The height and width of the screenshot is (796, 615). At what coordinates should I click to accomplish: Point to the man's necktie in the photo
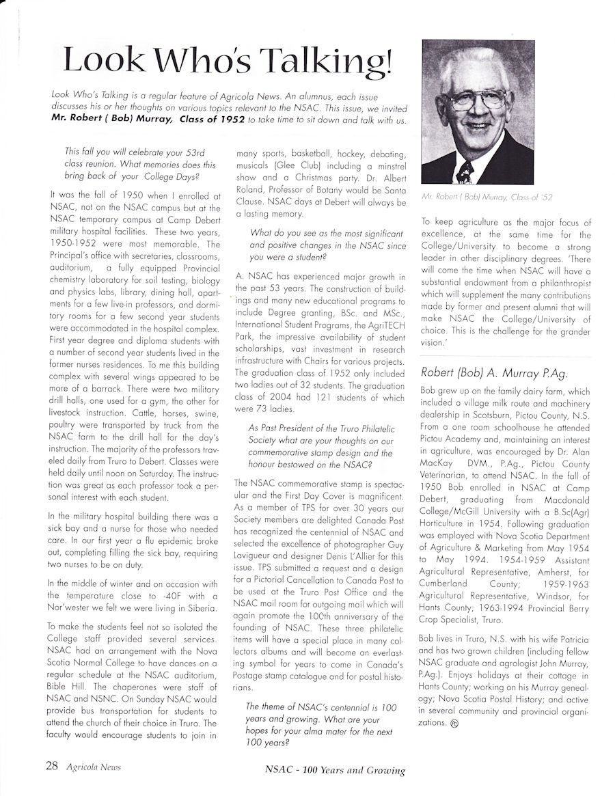[x=465, y=171]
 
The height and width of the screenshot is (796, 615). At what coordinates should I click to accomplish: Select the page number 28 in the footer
[x=52, y=766]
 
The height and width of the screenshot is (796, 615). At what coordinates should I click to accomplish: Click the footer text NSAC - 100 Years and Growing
[x=335, y=770]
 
